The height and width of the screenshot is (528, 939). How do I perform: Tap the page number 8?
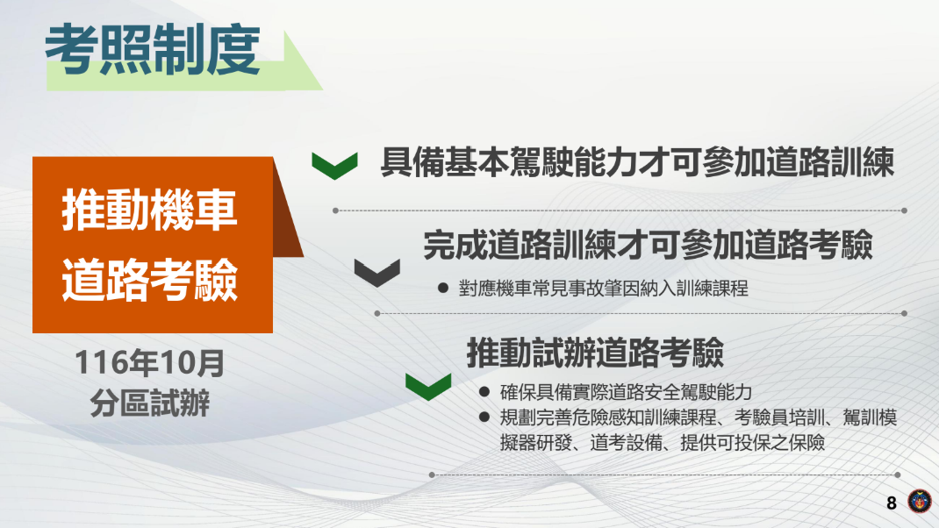tap(892, 503)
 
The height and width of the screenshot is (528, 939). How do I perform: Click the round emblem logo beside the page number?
tap(919, 503)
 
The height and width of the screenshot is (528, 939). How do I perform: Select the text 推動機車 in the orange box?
tap(150, 213)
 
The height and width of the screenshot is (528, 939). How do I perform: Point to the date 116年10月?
tap(150, 362)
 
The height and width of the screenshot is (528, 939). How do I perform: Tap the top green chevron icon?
tap(334, 165)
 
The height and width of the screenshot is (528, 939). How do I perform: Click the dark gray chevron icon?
tap(377, 273)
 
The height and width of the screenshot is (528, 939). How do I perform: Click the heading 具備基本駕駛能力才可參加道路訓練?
tap(637, 163)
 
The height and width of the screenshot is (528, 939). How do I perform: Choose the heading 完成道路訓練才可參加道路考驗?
tap(648, 246)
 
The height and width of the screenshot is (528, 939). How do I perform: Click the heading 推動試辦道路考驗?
tap(595, 353)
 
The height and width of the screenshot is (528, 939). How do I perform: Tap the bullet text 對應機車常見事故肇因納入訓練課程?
tap(603, 289)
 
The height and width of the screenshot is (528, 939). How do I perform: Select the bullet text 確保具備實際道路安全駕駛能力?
tap(626, 392)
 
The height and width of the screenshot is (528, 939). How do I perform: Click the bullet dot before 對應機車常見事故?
tap(443, 289)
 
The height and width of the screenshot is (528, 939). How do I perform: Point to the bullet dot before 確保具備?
tap(484, 392)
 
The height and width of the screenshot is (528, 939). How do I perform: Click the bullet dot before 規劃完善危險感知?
tap(484, 417)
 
